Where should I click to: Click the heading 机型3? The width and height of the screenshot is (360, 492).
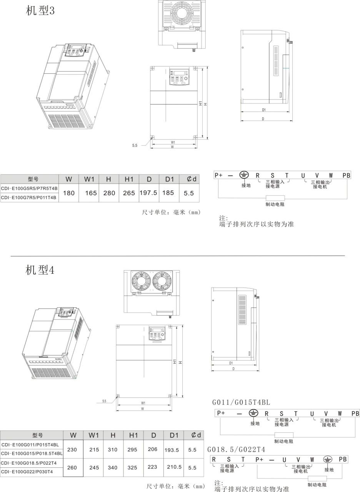coord(40,10)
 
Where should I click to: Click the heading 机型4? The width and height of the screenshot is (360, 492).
coord(40,270)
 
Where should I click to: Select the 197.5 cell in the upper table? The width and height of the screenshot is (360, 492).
coord(148,193)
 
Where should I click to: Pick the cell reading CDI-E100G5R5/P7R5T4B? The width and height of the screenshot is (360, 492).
coord(29,188)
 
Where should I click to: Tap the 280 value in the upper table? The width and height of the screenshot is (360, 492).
coord(109,193)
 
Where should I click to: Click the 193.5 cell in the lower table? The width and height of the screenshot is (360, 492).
coord(172,450)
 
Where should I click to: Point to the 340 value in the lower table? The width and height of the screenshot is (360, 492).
coord(113,468)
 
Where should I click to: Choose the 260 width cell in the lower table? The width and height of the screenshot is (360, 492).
coord(72,468)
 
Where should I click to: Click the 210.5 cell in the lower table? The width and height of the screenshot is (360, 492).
coord(174,467)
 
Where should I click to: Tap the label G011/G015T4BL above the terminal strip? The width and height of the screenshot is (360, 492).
coord(241,402)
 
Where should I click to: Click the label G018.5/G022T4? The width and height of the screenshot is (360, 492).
coord(236,450)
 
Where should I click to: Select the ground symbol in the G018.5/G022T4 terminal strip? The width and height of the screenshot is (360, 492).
coord(328,459)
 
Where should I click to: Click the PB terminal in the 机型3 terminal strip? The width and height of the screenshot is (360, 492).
coord(347,176)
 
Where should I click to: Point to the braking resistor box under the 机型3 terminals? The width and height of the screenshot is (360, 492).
coord(275,198)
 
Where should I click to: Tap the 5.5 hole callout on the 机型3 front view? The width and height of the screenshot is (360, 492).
coord(135,145)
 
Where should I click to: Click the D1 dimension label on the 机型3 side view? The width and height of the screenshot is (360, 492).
coord(264,110)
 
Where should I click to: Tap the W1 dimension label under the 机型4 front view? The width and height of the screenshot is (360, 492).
coord(143,403)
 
